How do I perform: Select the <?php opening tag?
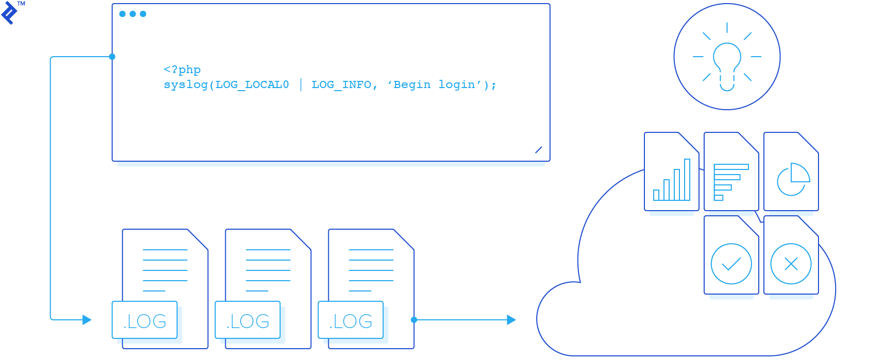point(182,70)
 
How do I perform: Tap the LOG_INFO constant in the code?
point(341,85)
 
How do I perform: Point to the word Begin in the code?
point(412,85)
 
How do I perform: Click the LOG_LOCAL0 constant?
point(252,85)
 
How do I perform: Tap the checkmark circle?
point(731,264)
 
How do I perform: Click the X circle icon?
point(791,264)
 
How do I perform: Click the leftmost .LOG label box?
point(145,320)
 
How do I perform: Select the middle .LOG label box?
point(248,320)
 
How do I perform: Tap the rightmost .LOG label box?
point(351,320)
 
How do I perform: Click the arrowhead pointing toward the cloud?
point(511,320)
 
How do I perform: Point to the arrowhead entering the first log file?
point(87,320)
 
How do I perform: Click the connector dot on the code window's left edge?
point(112,57)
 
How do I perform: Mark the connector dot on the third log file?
point(414,320)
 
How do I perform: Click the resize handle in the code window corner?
point(538,150)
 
